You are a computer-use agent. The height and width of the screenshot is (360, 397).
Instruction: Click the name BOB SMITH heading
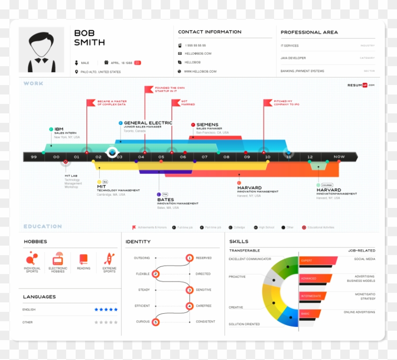point(89,38)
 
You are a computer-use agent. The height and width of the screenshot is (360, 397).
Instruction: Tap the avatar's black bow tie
point(41,60)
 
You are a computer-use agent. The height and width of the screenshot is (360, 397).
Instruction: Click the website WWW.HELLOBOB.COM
point(200,71)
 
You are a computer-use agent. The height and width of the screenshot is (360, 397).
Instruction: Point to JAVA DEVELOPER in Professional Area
point(293,58)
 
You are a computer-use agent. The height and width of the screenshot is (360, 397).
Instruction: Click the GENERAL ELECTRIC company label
point(148,123)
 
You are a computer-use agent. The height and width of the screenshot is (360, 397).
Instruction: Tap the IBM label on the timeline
point(59,129)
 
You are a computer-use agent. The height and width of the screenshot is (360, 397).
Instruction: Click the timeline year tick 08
point(226,157)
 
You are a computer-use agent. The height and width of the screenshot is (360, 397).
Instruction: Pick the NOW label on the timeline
point(339,157)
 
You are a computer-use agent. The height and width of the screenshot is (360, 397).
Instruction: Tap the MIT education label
point(101,186)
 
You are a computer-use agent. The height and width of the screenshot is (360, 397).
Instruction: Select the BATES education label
point(165,199)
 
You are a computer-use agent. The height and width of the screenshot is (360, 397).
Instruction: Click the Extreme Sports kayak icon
point(110,259)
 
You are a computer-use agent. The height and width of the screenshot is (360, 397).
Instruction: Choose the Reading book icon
point(84,259)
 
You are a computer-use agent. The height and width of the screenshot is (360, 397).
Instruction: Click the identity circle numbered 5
point(155,322)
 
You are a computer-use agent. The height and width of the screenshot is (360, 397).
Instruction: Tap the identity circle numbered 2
point(156,274)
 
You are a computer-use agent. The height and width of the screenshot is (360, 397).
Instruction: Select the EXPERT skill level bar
point(318,260)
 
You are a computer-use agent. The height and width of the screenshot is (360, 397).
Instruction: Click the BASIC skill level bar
point(310,313)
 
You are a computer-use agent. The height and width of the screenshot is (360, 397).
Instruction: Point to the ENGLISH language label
point(29,309)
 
